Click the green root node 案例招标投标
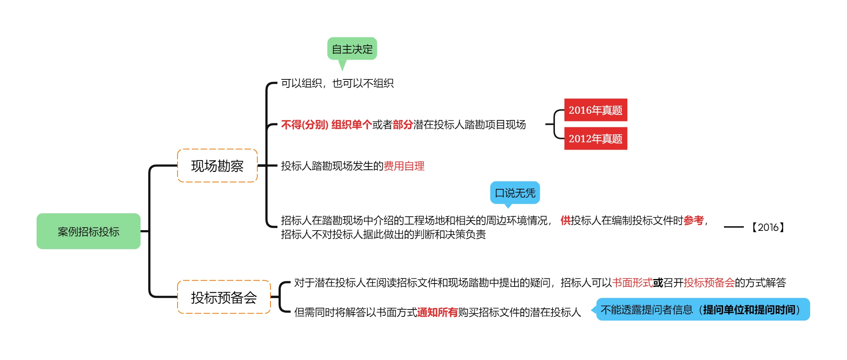(x=88, y=231)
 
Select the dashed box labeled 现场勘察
(x=217, y=166)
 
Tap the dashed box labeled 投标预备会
(x=224, y=297)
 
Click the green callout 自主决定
(x=352, y=49)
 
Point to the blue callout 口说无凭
(x=515, y=192)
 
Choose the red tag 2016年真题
(x=596, y=110)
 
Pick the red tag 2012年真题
(x=596, y=139)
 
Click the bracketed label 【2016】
(x=768, y=227)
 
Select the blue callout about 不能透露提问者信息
(x=703, y=310)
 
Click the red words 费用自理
(x=404, y=166)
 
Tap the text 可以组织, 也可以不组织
(x=337, y=83)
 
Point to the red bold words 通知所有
(x=437, y=312)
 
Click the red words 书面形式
(x=632, y=282)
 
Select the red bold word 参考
(x=693, y=220)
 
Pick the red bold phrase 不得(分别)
(x=305, y=125)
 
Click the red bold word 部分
(x=403, y=125)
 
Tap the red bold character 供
(x=566, y=220)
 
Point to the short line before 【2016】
(x=734, y=227)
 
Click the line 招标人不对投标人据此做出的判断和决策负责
(x=383, y=235)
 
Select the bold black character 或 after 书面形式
(x=658, y=282)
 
